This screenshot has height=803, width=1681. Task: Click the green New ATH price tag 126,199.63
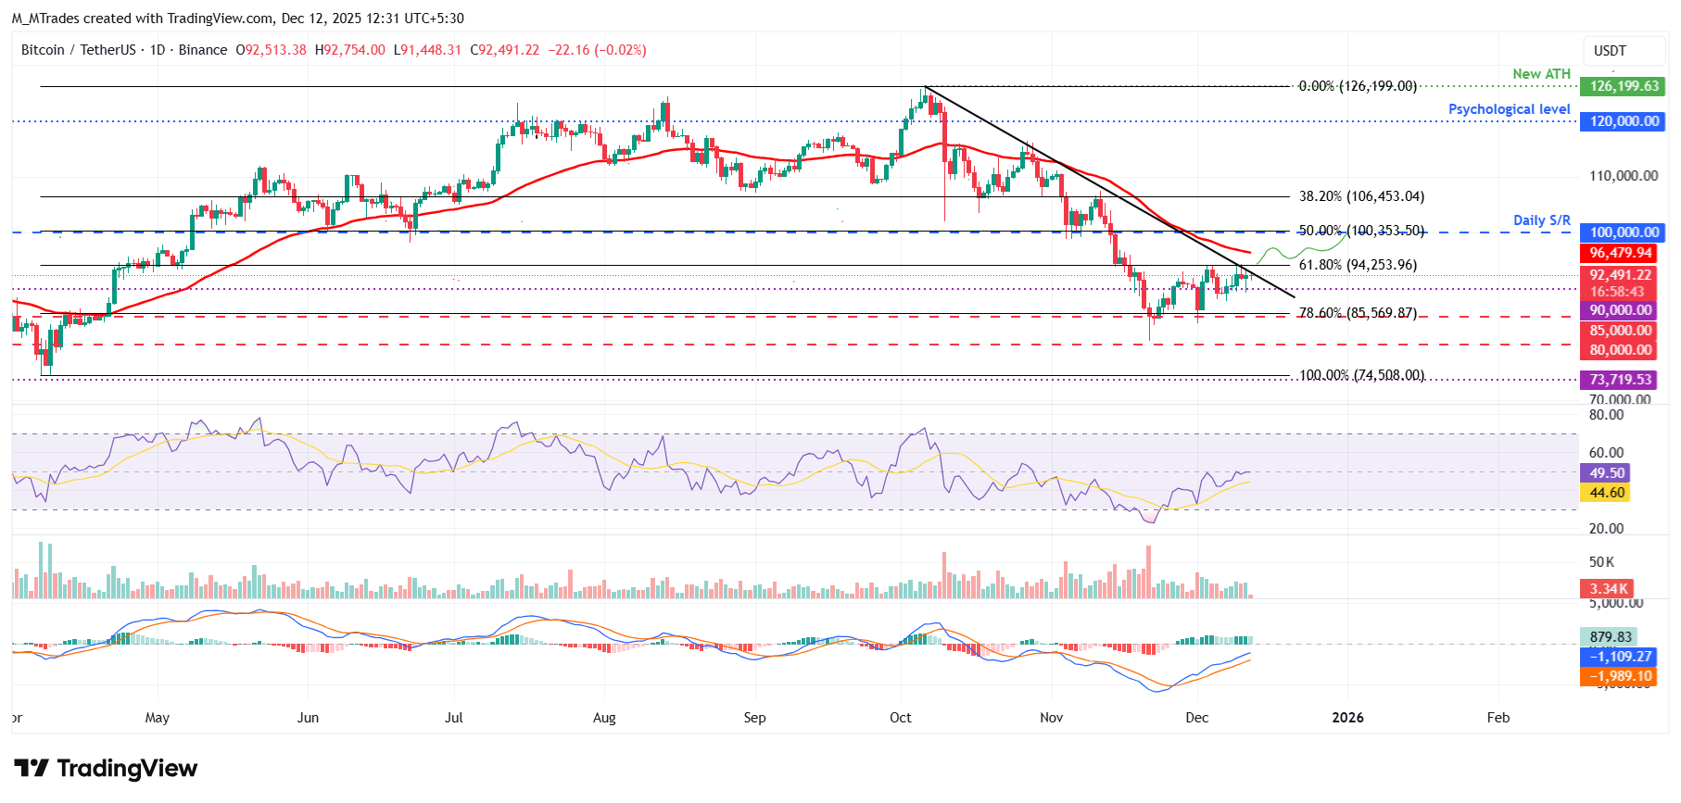[1623, 86]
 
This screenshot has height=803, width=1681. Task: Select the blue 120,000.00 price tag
[1623, 121]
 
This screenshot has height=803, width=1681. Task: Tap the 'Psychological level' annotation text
[1509, 109]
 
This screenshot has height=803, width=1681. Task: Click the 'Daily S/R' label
[1541, 220]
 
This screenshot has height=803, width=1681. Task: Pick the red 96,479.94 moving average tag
[1620, 253]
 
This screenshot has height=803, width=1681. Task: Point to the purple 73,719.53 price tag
[1620, 380]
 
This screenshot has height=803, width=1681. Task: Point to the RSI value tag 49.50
[1607, 473]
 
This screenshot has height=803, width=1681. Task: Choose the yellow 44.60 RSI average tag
[1607, 493]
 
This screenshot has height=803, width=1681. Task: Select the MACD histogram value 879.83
[1610, 637]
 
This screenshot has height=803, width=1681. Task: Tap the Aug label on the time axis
[604, 718]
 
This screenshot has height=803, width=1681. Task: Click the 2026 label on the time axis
[1347, 718]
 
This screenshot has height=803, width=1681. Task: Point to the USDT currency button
[1610, 51]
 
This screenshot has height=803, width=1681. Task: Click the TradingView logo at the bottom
[106, 769]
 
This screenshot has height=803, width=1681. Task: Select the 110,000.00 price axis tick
[1623, 176]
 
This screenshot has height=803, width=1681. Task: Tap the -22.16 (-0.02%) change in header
[597, 50]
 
